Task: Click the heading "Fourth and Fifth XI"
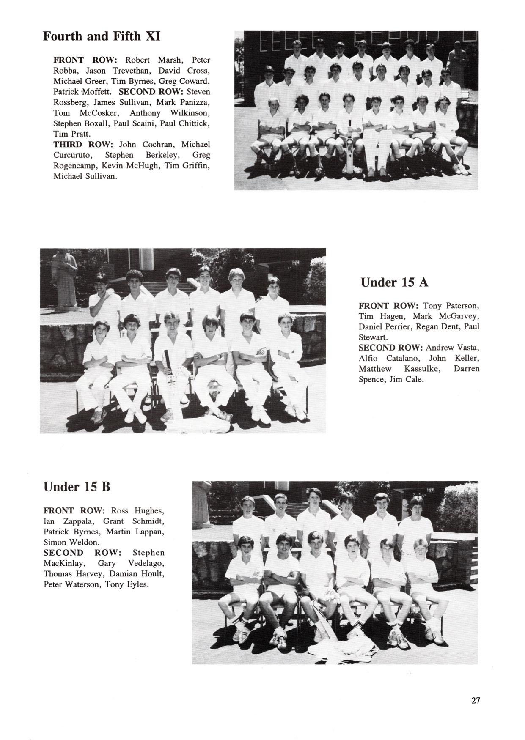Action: click(x=102, y=36)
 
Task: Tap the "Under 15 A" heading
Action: click(x=394, y=282)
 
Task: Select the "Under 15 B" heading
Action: click(x=77, y=487)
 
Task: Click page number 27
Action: click(x=476, y=700)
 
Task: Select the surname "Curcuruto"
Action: click(x=71, y=155)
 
